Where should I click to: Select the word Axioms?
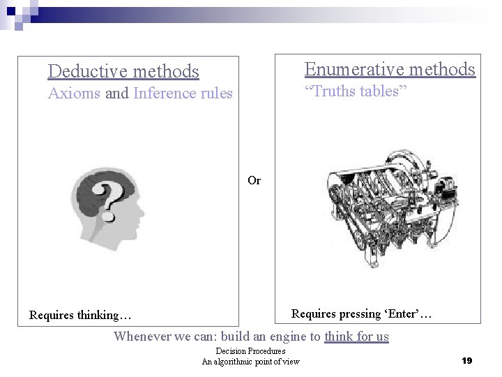(x=74, y=94)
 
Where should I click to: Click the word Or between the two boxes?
(x=254, y=180)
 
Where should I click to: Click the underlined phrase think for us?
(x=356, y=336)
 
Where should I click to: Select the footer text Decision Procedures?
(x=250, y=350)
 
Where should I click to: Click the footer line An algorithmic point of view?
(x=250, y=361)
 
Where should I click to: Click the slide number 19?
(x=467, y=360)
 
